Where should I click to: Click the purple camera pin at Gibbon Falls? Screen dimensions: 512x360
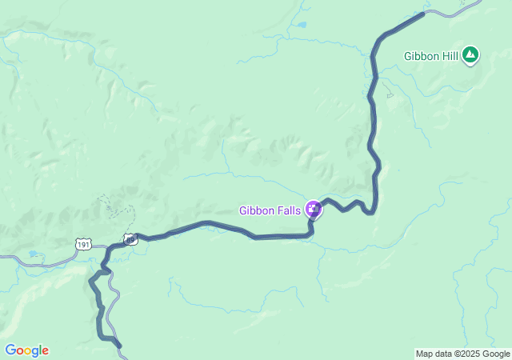[x=314, y=210]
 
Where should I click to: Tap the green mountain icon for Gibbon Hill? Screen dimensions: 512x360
[x=470, y=55]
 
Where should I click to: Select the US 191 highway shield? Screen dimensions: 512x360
[x=83, y=244]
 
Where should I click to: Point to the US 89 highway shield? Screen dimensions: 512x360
[x=130, y=238]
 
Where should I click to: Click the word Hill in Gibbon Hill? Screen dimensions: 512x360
[x=448, y=56]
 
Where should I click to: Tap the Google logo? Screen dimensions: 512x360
[x=26, y=350]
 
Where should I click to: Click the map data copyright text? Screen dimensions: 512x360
[x=462, y=354]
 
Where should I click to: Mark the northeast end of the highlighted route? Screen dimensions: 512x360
[x=422, y=14]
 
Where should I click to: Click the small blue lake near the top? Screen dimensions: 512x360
[x=301, y=25]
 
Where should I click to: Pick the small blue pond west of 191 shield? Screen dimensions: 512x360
[x=32, y=254]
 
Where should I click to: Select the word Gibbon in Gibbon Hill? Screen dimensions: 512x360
[x=420, y=56]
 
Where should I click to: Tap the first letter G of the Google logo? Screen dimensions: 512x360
[x=10, y=350]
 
